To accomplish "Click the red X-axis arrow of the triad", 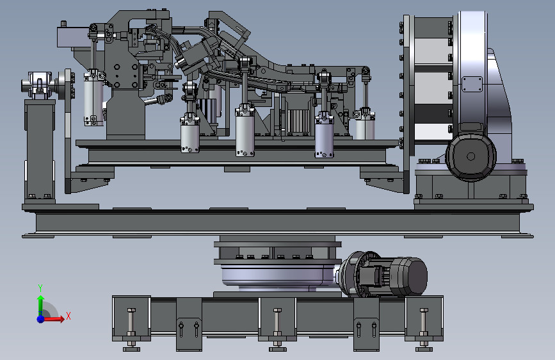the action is tap(53, 319).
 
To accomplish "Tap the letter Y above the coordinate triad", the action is tap(40, 288).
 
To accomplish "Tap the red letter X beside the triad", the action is tap(68, 316).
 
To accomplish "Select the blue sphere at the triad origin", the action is tap(41, 319).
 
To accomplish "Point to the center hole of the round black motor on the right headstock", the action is tap(471, 156).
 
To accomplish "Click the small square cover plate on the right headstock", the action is tap(472, 85).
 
